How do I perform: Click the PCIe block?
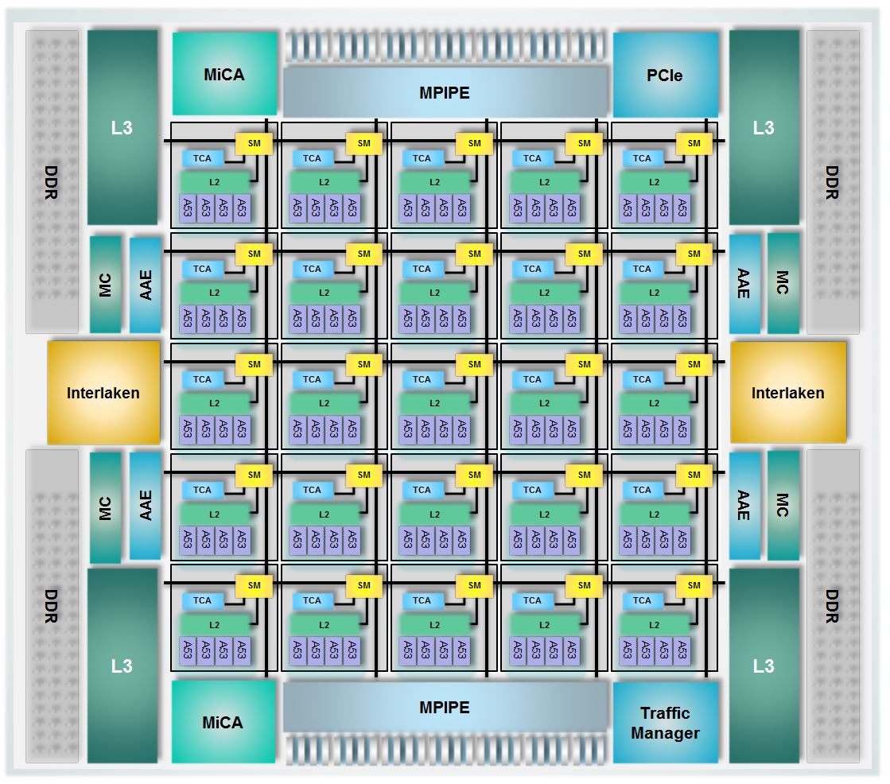click(x=665, y=76)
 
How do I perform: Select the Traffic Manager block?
click(x=665, y=723)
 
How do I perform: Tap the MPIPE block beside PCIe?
click(x=445, y=92)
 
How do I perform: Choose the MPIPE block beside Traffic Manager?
click(x=445, y=707)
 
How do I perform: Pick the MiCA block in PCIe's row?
click(x=223, y=75)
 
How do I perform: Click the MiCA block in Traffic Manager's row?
click(x=223, y=722)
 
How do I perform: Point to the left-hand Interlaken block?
click(x=103, y=393)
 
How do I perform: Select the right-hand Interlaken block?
click(x=787, y=393)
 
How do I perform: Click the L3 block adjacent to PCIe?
click(x=764, y=127)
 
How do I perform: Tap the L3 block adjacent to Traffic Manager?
click(x=764, y=665)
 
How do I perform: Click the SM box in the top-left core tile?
click(x=254, y=143)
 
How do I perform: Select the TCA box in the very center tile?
click(x=422, y=379)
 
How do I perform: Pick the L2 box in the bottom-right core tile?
click(x=654, y=625)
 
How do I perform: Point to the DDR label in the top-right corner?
click(x=832, y=182)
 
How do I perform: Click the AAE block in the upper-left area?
click(x=145, y=284)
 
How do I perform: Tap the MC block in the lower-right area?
click(x=783, y=505)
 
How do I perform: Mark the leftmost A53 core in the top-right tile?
click(x=628, y=208)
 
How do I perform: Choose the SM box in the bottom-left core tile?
click(x=254, y=585)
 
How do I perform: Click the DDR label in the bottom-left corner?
click(x=51, y=606)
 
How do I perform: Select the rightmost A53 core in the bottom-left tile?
click(x=241, y=650)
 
